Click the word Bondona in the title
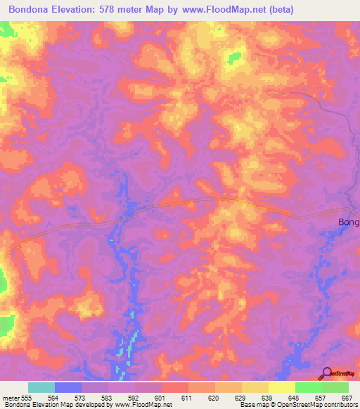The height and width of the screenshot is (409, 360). pyautogui.click(x=34, y=10)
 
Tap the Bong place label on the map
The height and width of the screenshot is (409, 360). pyautogui.click(x=348, y=223)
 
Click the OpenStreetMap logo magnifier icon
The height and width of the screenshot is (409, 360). pyautogui.click(x=326, y=374)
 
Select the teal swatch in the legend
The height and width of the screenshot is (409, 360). pyautogui.click(x=41, y=387)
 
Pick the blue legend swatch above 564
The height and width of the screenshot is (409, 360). pyautogui.click(x=68, y=387)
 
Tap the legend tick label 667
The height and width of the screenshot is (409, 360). pyautogui.click(x=346, y=398)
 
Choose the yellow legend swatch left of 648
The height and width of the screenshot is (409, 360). pyautogui.click(x=282, y=387)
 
